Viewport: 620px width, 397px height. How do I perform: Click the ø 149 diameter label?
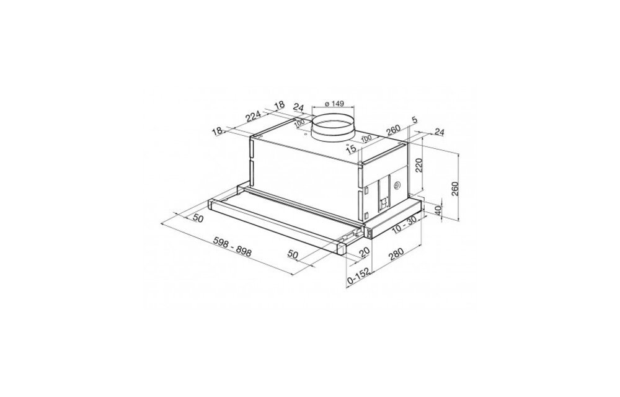[334, 104]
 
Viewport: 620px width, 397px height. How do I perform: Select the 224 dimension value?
[254, 117]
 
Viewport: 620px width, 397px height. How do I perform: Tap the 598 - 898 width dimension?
[232, 247]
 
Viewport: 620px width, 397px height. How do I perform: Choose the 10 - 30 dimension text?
[404, 226]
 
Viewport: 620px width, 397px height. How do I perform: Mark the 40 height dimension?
[437, 210]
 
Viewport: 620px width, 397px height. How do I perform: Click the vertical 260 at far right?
[454, 189]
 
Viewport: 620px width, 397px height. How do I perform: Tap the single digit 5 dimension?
[414, 120]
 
